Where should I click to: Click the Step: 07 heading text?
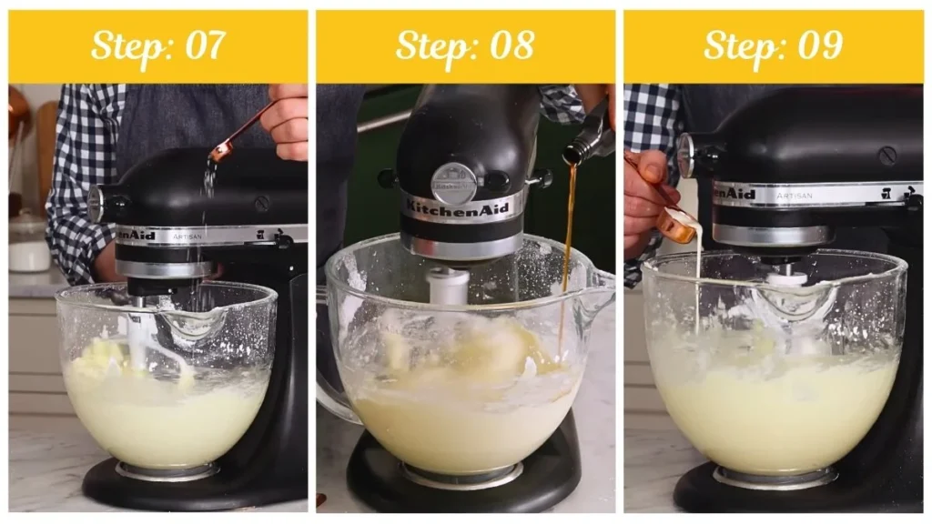tap(158, 45)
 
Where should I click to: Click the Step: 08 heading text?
tap(465, 45)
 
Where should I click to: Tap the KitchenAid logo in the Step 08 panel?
tap(463, 207)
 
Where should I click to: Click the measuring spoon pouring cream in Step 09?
tap(679, 223)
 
